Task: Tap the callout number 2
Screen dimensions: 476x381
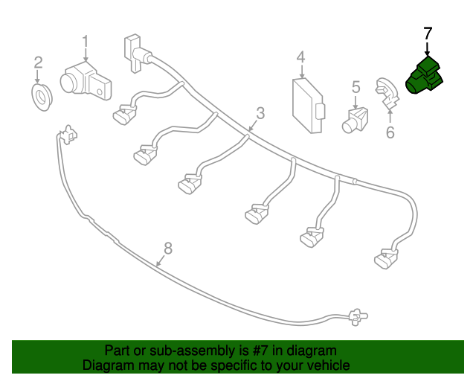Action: tap(38, 63)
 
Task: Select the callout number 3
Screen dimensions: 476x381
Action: tap(260, 113)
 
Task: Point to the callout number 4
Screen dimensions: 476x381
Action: tap(300, 57)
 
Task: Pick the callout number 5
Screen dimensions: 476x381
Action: tap(356, 86)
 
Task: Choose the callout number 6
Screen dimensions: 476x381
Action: tap(390, 132)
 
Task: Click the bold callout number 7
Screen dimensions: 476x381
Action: tap(428, 33)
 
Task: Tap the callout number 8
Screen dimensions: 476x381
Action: tap(168, 248)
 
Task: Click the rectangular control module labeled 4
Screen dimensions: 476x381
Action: tap(309, 105)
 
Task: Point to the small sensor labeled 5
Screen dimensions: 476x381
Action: tap(355, 121)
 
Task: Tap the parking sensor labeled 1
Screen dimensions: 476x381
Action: tap(86, 80)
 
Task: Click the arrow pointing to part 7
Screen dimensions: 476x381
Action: tap(428, 49)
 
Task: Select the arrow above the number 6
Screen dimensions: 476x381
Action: tap(390, 117)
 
